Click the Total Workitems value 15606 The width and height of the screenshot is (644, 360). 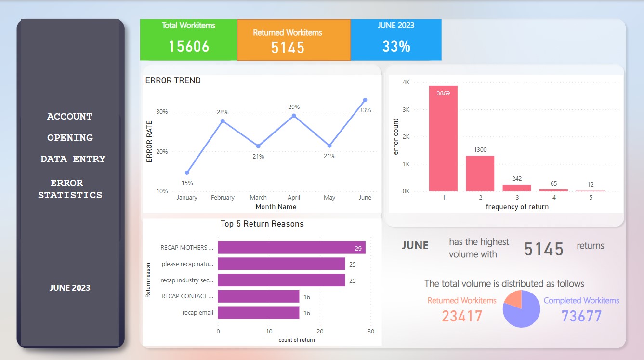189,46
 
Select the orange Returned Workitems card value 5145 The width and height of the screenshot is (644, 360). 288,47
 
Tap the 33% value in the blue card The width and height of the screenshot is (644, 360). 396,46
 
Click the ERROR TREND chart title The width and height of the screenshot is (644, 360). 173,80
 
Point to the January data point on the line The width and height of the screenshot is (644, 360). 187,173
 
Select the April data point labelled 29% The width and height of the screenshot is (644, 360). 294,116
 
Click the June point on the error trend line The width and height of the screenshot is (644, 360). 365,100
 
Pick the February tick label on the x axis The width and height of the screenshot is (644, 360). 223,198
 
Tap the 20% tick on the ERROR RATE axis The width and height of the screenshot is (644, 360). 162,151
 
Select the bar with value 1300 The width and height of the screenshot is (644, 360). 480,173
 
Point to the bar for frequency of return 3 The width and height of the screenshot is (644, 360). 517,187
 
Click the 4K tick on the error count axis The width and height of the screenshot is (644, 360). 406,82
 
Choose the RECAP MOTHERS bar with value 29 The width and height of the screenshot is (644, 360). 291,248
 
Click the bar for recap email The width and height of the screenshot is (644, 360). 258,312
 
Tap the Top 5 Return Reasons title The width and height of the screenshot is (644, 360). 262,224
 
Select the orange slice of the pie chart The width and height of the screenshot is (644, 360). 513,299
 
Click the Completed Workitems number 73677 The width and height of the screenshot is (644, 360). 581,316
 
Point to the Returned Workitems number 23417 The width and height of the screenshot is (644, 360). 462,316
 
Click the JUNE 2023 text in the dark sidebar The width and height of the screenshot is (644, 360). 70,288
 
